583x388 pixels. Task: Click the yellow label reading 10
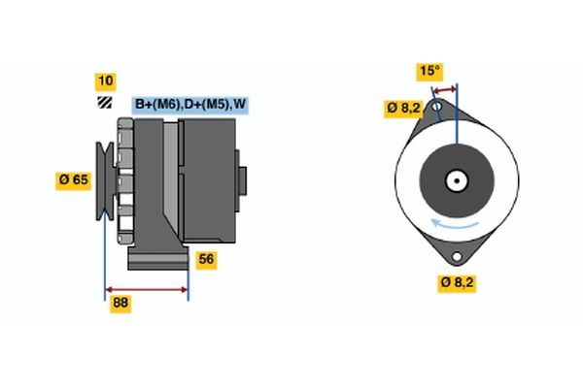103,81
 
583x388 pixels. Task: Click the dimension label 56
206,259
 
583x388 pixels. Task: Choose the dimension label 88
120,304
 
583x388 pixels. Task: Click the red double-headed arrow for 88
146,289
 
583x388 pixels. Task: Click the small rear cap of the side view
241,180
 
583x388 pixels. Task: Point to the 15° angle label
429,71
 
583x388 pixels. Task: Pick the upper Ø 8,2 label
401,108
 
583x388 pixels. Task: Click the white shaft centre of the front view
455,179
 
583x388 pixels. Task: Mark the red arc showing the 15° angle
446,88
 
